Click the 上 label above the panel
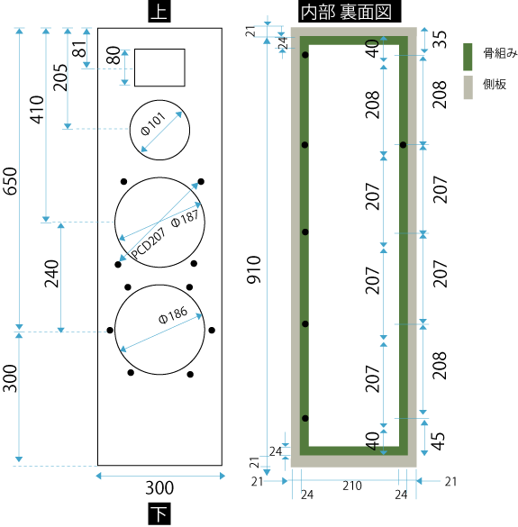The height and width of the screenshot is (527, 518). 159,11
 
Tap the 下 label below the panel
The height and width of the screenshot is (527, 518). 159,513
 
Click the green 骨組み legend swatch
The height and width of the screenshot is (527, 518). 468,57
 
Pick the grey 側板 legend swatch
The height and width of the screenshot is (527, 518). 468,87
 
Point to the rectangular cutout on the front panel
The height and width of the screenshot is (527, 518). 159,68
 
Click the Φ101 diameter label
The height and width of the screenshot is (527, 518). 153,123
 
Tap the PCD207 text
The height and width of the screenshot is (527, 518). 148,243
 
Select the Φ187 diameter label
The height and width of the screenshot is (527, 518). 185,219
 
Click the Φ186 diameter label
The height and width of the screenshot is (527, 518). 173,315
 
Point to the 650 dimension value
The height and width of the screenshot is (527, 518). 10,181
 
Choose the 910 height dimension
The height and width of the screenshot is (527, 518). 254,269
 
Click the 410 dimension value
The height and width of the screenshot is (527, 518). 37,110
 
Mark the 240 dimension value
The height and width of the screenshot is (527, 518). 51,274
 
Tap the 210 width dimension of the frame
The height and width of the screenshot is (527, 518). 352,486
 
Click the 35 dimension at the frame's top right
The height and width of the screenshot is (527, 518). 439,40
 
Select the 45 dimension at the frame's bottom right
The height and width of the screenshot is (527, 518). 437,441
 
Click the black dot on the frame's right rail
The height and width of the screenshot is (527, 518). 403,145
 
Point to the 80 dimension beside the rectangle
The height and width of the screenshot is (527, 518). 114,56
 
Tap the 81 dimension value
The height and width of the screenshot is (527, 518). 79,49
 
